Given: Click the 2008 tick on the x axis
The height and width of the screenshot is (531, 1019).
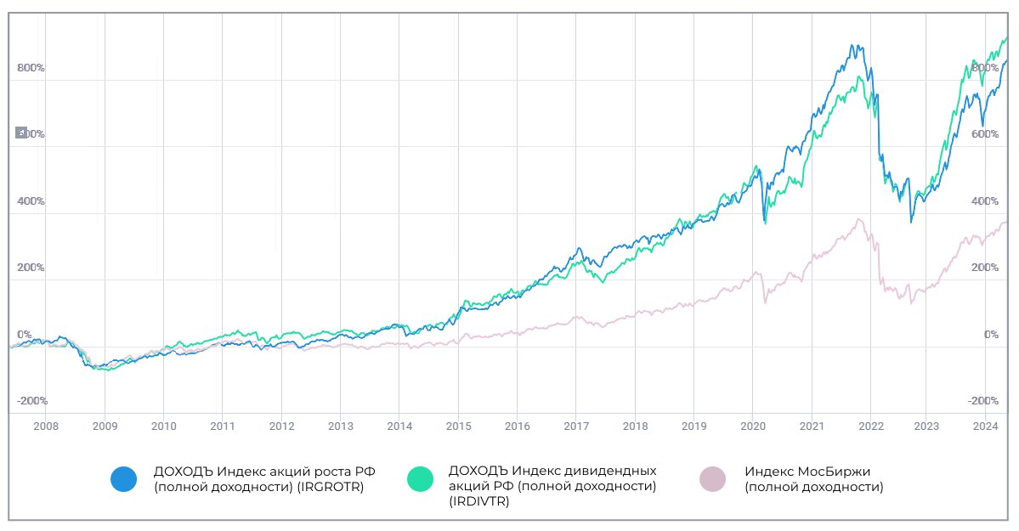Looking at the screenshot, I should tap(45, 426).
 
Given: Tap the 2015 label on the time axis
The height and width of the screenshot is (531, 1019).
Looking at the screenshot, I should tap(458, 426).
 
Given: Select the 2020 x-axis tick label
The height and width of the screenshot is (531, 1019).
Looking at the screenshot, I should tap(754, 426).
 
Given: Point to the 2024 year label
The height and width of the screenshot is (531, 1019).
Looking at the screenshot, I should tap(984, 426).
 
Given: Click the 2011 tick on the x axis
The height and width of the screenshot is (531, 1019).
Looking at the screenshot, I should tap(223, 426).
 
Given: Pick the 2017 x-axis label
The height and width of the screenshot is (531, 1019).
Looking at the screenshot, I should tap(576, 426).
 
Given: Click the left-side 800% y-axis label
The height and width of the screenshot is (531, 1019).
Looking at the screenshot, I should tap(31, 68).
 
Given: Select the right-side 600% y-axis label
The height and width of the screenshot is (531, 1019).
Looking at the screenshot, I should tap(985, 134).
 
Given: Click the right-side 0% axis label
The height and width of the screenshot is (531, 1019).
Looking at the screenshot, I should tap(991, 335).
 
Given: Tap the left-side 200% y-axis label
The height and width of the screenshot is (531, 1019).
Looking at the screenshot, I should tap(31, 268).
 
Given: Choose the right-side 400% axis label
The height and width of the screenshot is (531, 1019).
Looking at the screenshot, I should tap(985, 201).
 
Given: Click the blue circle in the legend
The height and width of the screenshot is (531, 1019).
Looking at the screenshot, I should tap(123, 479).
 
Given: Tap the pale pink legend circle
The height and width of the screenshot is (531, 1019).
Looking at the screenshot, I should tap(712, 479).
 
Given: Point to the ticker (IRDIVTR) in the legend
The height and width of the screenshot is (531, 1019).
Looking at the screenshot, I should tap(479, 501).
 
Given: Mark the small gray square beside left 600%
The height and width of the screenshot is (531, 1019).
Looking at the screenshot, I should tap(21, 133).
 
